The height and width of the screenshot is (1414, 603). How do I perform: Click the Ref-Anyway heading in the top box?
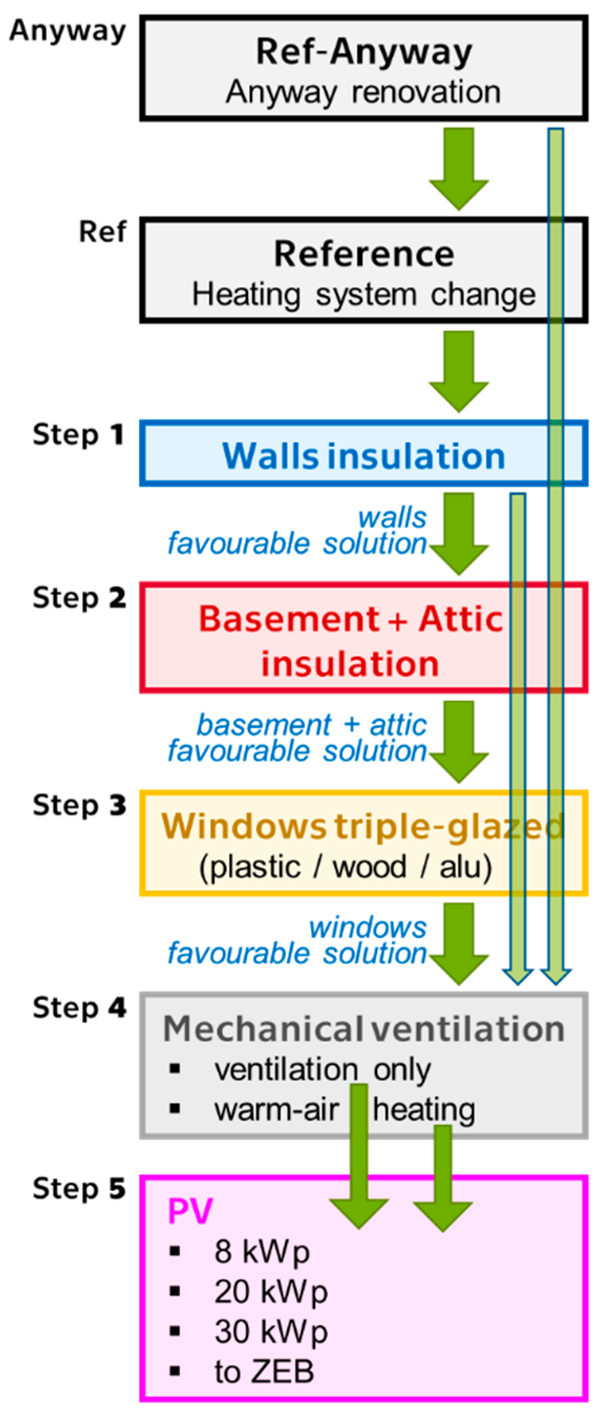[364, 51]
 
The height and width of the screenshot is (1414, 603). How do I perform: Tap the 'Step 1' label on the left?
[79, 435]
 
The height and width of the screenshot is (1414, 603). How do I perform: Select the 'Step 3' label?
[79, 805]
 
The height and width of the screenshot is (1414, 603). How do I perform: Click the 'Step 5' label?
[79, 1188]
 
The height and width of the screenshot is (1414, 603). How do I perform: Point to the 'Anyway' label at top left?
[68, 31]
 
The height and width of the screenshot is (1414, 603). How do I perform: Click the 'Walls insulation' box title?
[364, 455]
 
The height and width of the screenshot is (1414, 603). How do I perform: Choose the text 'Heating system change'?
[363, 295]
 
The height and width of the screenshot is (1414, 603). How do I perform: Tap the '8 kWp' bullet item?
[262, 1251]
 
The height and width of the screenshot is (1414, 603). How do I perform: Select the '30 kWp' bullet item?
[271, 1332]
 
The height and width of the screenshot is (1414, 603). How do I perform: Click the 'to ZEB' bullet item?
[264, 1371]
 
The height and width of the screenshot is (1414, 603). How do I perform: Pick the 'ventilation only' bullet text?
[322, 1069]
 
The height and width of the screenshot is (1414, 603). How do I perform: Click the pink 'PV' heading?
[190, 1211]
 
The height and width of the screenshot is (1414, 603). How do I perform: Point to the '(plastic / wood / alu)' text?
[346, 867]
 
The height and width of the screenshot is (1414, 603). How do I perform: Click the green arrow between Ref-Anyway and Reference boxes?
[459, 167]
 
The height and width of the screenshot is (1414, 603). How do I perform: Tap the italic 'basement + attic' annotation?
[311, 725]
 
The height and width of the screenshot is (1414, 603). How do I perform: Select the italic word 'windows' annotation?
[368, 927]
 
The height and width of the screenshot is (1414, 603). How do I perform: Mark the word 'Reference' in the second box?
[364, 254]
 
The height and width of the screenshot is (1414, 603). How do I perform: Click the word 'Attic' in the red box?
[460, 619]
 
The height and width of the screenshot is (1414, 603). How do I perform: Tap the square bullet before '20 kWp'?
[175, 1291]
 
